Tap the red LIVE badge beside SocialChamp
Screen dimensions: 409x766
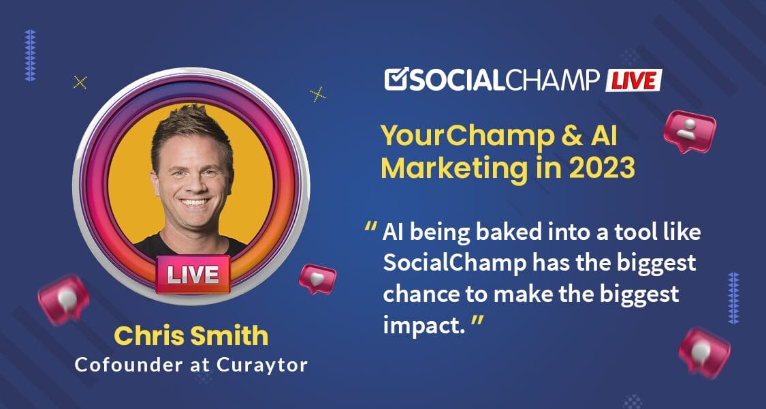pyautogui.click(x=633, y=80)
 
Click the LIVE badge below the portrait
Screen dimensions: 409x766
pyautogui.click(x=193, y=275)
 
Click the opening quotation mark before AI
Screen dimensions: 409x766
pyautogui.click(x=371, y=228)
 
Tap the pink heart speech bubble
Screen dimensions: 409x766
pyautogui.click(x=317, y=278)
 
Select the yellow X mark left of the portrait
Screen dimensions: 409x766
pyautogui.click(x=80, y=82)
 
